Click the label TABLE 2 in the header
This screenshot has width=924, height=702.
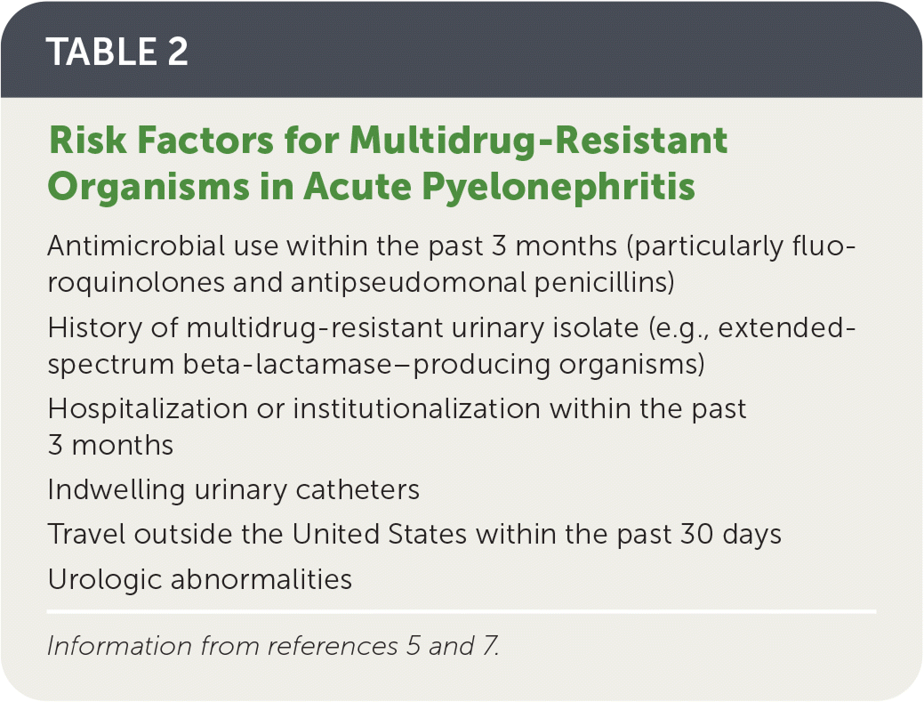coord(117,52)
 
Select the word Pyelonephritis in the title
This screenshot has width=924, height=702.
coord(558,188)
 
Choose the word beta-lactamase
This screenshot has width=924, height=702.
coord(287,364)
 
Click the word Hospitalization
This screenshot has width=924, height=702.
coord(148,409)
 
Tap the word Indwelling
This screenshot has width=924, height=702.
coord(117,490)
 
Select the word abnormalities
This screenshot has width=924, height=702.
coord(261,579)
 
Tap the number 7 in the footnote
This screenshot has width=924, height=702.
coord(490,646)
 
